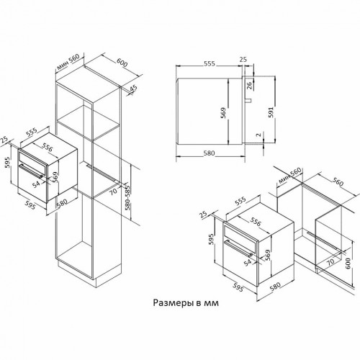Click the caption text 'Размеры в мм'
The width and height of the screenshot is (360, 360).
(186, 303)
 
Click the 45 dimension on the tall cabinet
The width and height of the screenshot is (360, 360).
(133, 88)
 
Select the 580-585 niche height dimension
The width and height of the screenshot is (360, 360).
(127, 197)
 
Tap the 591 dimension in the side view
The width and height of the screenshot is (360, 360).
(271, 112)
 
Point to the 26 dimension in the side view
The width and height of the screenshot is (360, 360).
(249, 86)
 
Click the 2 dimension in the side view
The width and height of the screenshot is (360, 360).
(258, 135)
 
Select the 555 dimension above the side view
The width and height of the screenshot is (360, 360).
(210, 63)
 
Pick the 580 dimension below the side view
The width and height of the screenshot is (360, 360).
(209, 153)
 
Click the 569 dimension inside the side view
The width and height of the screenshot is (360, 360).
(223, 113)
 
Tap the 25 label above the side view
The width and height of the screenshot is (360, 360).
(243, 59)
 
